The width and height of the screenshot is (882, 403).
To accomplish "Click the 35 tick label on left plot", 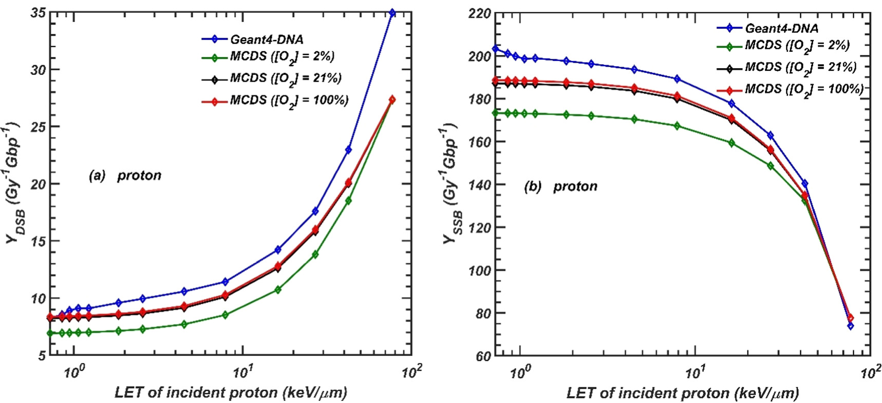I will pos(37,13).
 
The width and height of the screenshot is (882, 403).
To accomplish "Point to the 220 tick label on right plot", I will pos(480,13).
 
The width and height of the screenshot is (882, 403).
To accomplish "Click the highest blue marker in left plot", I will pos(392,13).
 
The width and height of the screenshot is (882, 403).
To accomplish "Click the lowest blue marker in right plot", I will pos(850,325).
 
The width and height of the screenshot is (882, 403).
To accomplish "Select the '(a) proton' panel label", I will pos(125,176).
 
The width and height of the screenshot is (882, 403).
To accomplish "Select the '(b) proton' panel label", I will pos(560,186).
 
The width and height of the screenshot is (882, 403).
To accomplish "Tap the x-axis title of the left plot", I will pos(231,393).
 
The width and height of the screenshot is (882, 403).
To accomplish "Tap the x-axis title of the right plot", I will pos(683,393).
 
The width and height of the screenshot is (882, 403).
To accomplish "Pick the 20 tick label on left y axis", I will pos(37,184).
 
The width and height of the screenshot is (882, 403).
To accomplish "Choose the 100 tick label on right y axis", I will pos(480,270).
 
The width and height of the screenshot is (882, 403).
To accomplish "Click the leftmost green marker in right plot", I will pos(495,112).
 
